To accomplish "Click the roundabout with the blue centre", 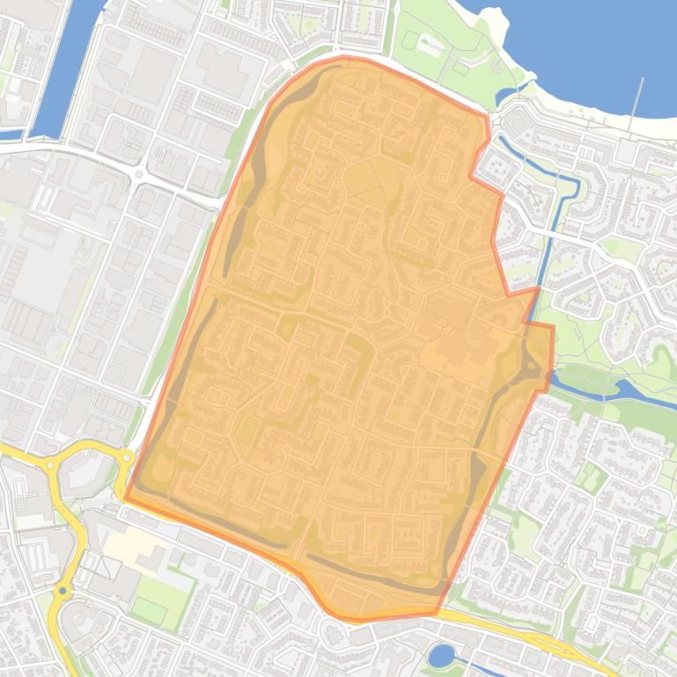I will coord(62,592).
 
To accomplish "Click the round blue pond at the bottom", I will coord(441,655).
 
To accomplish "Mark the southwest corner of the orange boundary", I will coord(126,498).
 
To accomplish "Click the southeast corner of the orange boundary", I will coord(435,613).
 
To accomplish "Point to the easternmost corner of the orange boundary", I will coord(553,327).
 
